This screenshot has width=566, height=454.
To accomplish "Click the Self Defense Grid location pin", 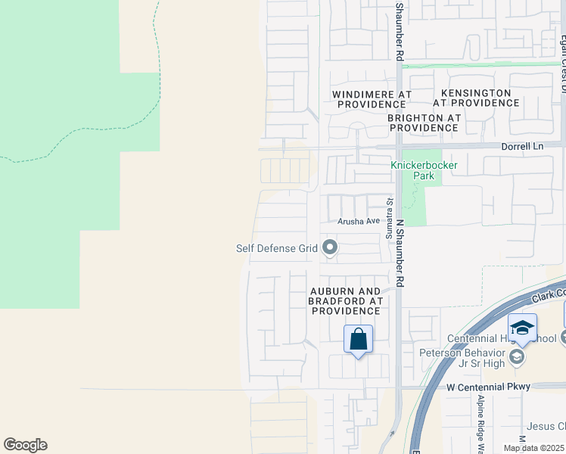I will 329,247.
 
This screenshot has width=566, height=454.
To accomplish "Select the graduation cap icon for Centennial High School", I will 522,328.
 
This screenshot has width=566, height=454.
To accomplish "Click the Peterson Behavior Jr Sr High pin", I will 517,356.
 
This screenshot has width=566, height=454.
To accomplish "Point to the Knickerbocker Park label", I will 413,170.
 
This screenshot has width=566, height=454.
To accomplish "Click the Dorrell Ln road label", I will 540,146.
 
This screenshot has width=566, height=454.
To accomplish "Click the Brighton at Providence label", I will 424,123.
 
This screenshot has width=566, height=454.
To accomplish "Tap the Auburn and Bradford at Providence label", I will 344,300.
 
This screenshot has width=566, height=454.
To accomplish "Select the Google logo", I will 25,445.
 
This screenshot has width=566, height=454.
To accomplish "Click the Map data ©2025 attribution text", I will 533,448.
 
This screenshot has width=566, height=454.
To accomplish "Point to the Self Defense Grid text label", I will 277,247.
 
